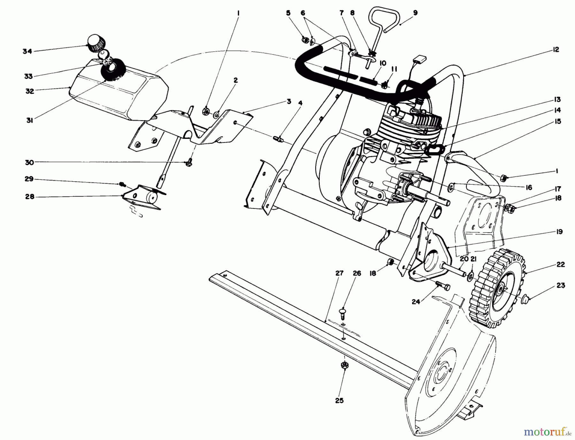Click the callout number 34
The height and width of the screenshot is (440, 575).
pos(27,51)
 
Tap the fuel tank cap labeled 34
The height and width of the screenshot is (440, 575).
pos(95,43)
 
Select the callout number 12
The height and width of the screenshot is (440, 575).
pos(556,50)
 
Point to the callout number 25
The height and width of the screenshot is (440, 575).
pos(339,400)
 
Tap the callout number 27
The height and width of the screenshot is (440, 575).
pos(339,273)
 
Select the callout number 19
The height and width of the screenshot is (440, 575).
pos(559,232)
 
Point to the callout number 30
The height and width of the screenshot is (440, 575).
pos(29,163)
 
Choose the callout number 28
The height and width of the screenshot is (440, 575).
pos(29,197)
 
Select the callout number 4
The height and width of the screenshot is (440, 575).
pos(300,103)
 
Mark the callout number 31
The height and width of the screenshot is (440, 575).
pos(29,121)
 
